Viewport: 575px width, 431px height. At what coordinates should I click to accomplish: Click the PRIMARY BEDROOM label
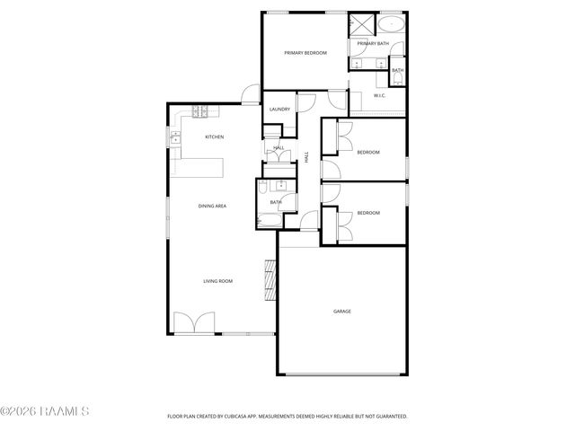click(x=305, y=53)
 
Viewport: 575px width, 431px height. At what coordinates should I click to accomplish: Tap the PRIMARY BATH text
click(x=373, y=43)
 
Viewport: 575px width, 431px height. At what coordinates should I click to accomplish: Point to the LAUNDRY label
click(x=279, y=110)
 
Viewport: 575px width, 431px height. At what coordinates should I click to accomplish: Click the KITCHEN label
click(x=214, y=136)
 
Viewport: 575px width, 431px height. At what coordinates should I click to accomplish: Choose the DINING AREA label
click(x=212, y=207)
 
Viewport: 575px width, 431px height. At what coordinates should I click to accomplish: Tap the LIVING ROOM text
click(x=217, y=281)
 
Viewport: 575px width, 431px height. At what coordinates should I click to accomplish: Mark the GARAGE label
click(x=342, y=312)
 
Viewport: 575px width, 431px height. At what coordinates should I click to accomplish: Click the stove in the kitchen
click(x=200, y=112)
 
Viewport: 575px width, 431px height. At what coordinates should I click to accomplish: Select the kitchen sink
click(x=176, y=137)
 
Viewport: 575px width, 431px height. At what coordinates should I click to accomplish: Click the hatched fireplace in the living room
click(x=268, y=281)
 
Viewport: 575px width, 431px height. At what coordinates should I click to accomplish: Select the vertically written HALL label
click(x=306, y=156)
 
